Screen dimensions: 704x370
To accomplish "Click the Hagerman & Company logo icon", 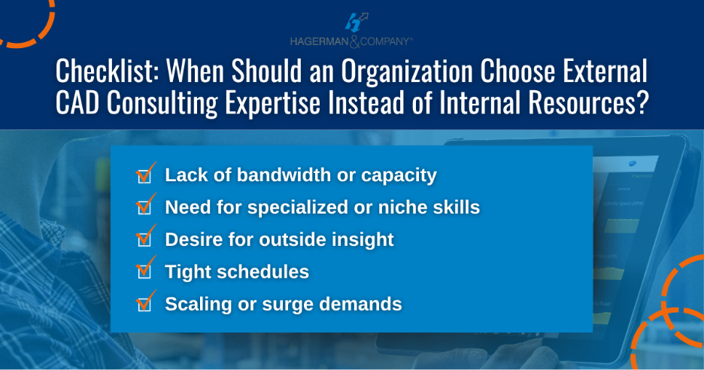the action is click(356, 23).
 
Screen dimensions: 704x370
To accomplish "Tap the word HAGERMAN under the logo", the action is click(319, 42).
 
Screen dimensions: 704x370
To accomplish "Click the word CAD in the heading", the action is click(77, 103).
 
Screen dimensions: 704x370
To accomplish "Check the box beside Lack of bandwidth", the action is click(144, 176).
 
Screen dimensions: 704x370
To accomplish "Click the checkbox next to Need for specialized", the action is click(144, 208).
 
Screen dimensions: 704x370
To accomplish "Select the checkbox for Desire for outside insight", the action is click(144, 239).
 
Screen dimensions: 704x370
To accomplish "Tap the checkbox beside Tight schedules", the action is click(144, 271).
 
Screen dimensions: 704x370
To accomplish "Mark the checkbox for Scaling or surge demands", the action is click(144, 305).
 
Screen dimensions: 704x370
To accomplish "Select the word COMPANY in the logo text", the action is click(385, 42).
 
